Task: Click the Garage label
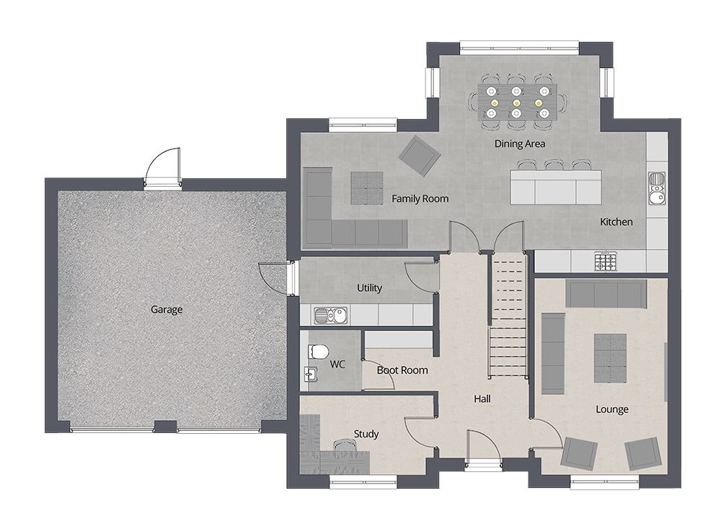click(167, 310)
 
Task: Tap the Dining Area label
click(519, 144)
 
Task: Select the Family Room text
click(420, 199)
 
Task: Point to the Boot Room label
click(402, 370)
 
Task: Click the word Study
click(366, 434)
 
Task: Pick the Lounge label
click(611, 409)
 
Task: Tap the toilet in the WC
click(318, 352)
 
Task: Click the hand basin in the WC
click(310, 374)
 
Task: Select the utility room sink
click(331, 315)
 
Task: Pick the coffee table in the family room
click(367, 189)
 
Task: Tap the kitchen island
click(554, 186)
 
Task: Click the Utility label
click(369, 288)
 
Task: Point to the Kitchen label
click(616, 222)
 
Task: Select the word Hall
click(482, 398)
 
